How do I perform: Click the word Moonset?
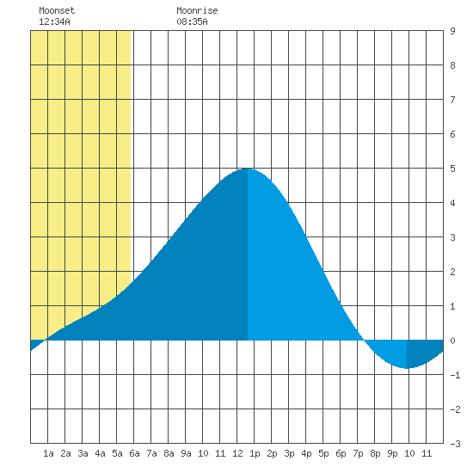click(x=57, y=10)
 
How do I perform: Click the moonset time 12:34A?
click(x=54, y=21)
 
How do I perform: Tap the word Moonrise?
click(x=197, y=10)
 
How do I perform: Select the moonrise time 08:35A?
click(x=192, y=21)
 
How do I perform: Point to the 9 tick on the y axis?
click(x=452, y=31)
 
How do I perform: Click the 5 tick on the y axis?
click(x=452, y=169)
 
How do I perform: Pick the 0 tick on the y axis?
click(x=452, y=341)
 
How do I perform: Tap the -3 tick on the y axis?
click(x=455, y=444)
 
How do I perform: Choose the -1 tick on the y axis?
click(x=455, y=375)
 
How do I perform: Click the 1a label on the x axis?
click(x=48, y=453)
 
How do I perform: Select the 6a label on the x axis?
click(x=134, y=453)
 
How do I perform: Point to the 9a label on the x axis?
click(x=186, y=453)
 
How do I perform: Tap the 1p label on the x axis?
click(x=255, y=453)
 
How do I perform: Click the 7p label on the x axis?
click(x=358, y=453)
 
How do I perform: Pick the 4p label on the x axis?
click(x=306, y=453)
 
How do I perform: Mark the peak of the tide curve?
click(x=248, y=169)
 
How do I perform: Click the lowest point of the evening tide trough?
click(x=407, y=368)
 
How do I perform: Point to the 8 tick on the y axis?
click(x=452, y=65)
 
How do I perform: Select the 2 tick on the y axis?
click(x=452, y=272)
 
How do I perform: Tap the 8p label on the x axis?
click(x=375, y=453)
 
